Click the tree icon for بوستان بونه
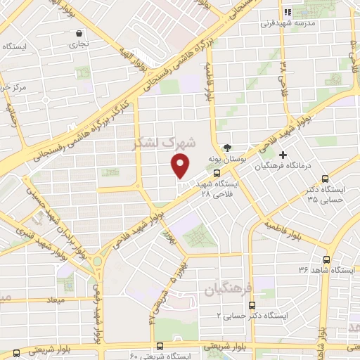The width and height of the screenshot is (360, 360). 227,148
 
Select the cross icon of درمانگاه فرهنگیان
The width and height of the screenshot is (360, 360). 283,155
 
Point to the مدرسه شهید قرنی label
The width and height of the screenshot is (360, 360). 286,23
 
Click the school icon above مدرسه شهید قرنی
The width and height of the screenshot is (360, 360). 287,12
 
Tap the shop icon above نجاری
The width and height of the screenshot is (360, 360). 79,32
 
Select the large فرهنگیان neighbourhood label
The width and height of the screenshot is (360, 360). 223,288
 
